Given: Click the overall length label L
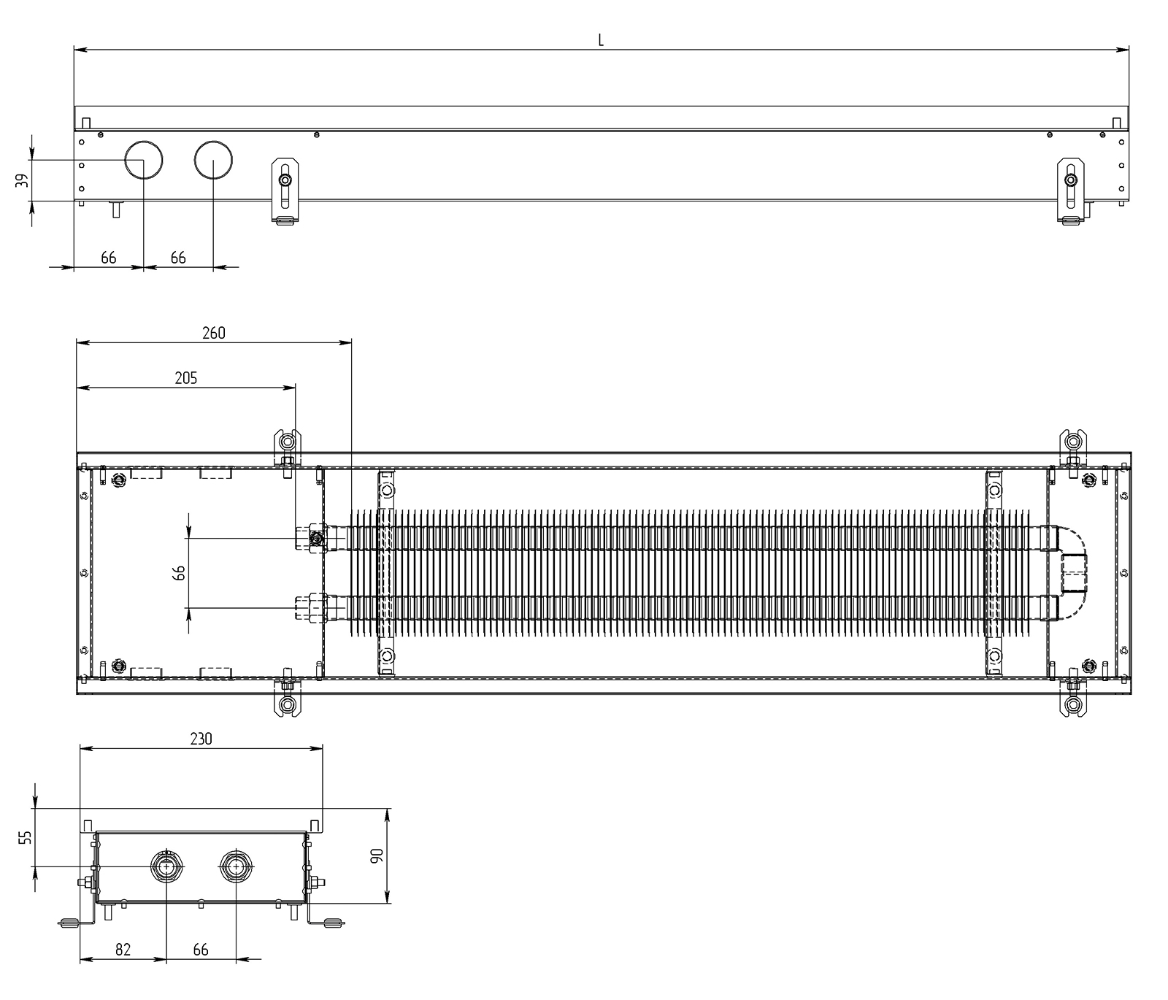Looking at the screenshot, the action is pos(601,40).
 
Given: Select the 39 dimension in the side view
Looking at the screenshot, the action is pos(23,180).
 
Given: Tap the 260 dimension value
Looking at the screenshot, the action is pos(214,333).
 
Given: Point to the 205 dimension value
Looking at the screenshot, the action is pos(186,378).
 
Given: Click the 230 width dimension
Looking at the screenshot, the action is pos(201,739).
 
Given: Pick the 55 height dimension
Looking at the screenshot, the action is pos(26,837).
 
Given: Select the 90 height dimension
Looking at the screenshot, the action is pos(377,855).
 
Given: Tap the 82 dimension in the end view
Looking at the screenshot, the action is pos(123,949).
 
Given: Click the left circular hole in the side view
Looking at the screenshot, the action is pos(143,160).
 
